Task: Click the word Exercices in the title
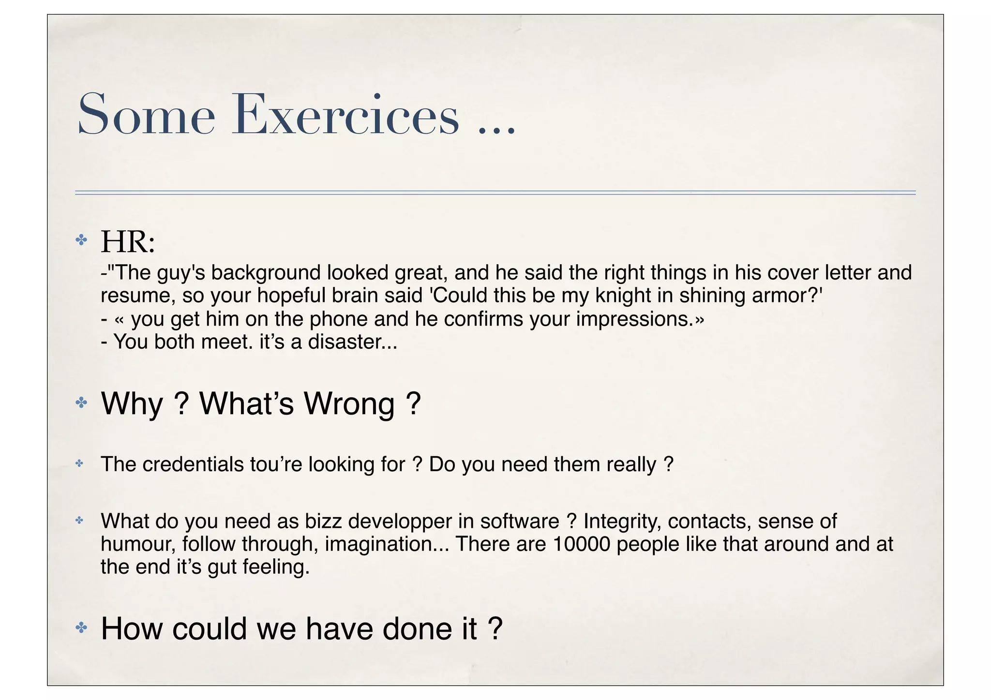(x=345, y=115)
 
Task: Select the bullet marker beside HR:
(x=81, y=239)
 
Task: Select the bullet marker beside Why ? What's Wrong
(x=81, y=402)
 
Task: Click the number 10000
(x=581, y=544)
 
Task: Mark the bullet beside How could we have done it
(x=81, y=628)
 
